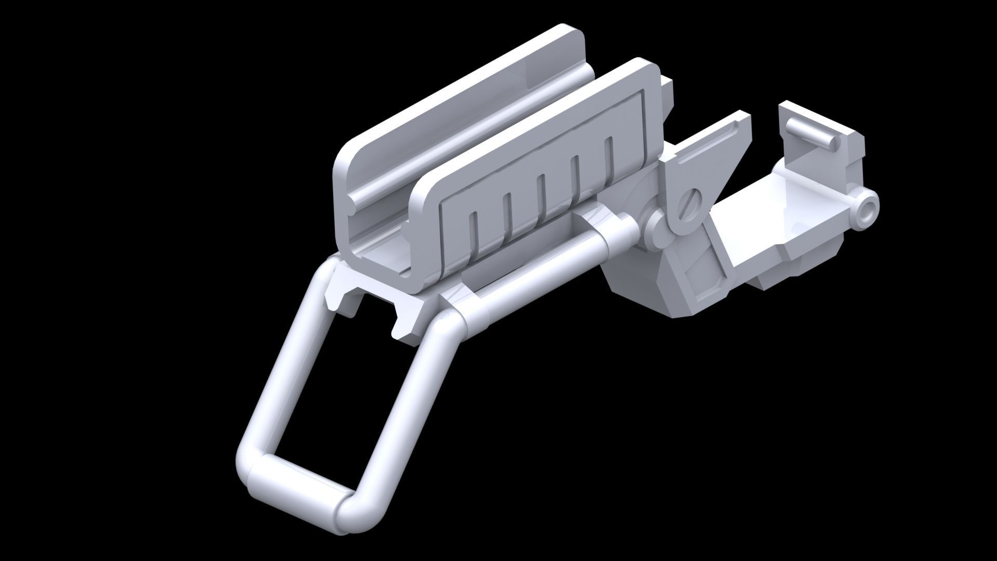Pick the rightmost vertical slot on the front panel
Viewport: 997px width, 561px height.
609,156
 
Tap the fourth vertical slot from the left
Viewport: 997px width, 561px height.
575,175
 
